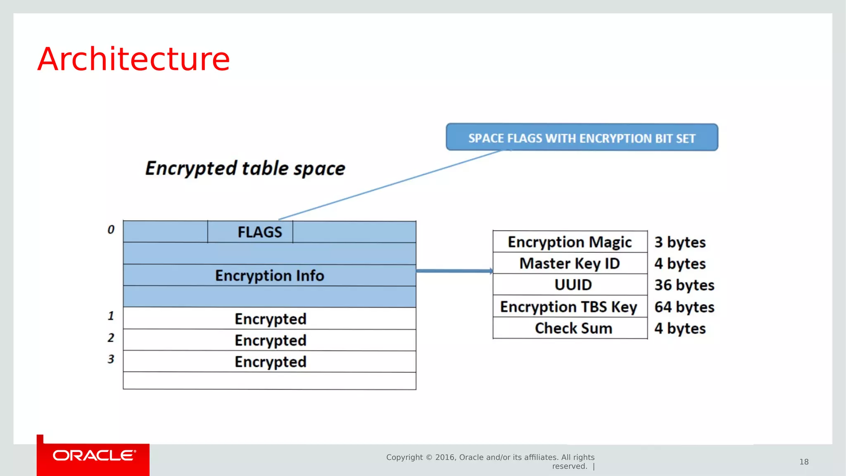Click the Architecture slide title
coord(133,59)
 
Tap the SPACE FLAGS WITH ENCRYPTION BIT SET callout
coord(582,138)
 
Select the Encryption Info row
coord(269,275)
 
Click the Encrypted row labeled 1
coord(270,319)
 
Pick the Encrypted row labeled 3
coord(270,362)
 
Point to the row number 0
coord(111,230)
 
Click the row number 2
coord(111,338)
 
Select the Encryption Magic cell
coord(570,242)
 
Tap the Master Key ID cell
coord(570,263)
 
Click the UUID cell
coord(573,285)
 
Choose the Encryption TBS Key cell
coord(569,307)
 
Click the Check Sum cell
coord(573,328)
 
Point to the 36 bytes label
coord(684,285)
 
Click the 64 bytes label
coord(684,307)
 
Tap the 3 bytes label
coord(680,242)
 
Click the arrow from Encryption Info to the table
coord(454,271)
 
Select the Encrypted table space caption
coord(245,168)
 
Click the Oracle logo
coord(93,456)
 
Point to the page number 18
coord(803,462)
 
